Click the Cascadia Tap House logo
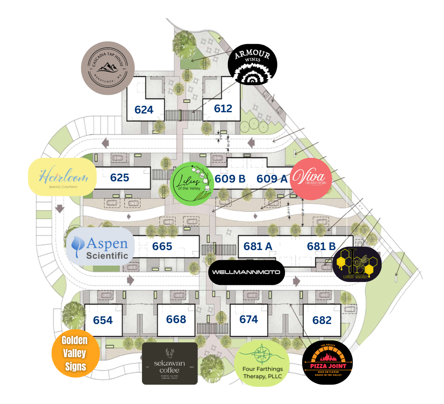pyautogui.click(x=108, y=68)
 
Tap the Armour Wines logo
pyautogui.click(x=252, y=64)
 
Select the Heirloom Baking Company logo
pyautogui.click(x=63, y=177)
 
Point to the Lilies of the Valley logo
pyautogui.click(x=191, y=184)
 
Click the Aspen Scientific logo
pyautogui.click(x=100, y=246)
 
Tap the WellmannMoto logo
pyautogui.click(x=246, y=272)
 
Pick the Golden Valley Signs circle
pyautogui.click(x=75, y=353)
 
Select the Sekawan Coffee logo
pyautogui.click(x=170, y=364)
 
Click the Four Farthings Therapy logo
pyautogui.click(x=262, y=364)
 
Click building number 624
pyautogui.click(x=144, y=110)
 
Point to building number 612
pyautogui.click(x=223, y=109)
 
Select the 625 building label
pyautogui.click(x=120, y=178)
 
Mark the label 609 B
pyautogui.click(x=230, y=179)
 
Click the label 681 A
pyautogui.click(x=258, y=246)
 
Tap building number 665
pyautogui.click(x=162, y=246)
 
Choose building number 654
pyautogui.click(x=103, y=320)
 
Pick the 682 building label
pyautogui.click(x=322, y=320)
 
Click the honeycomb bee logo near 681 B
pyautogui.click(x=357, y=264)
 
